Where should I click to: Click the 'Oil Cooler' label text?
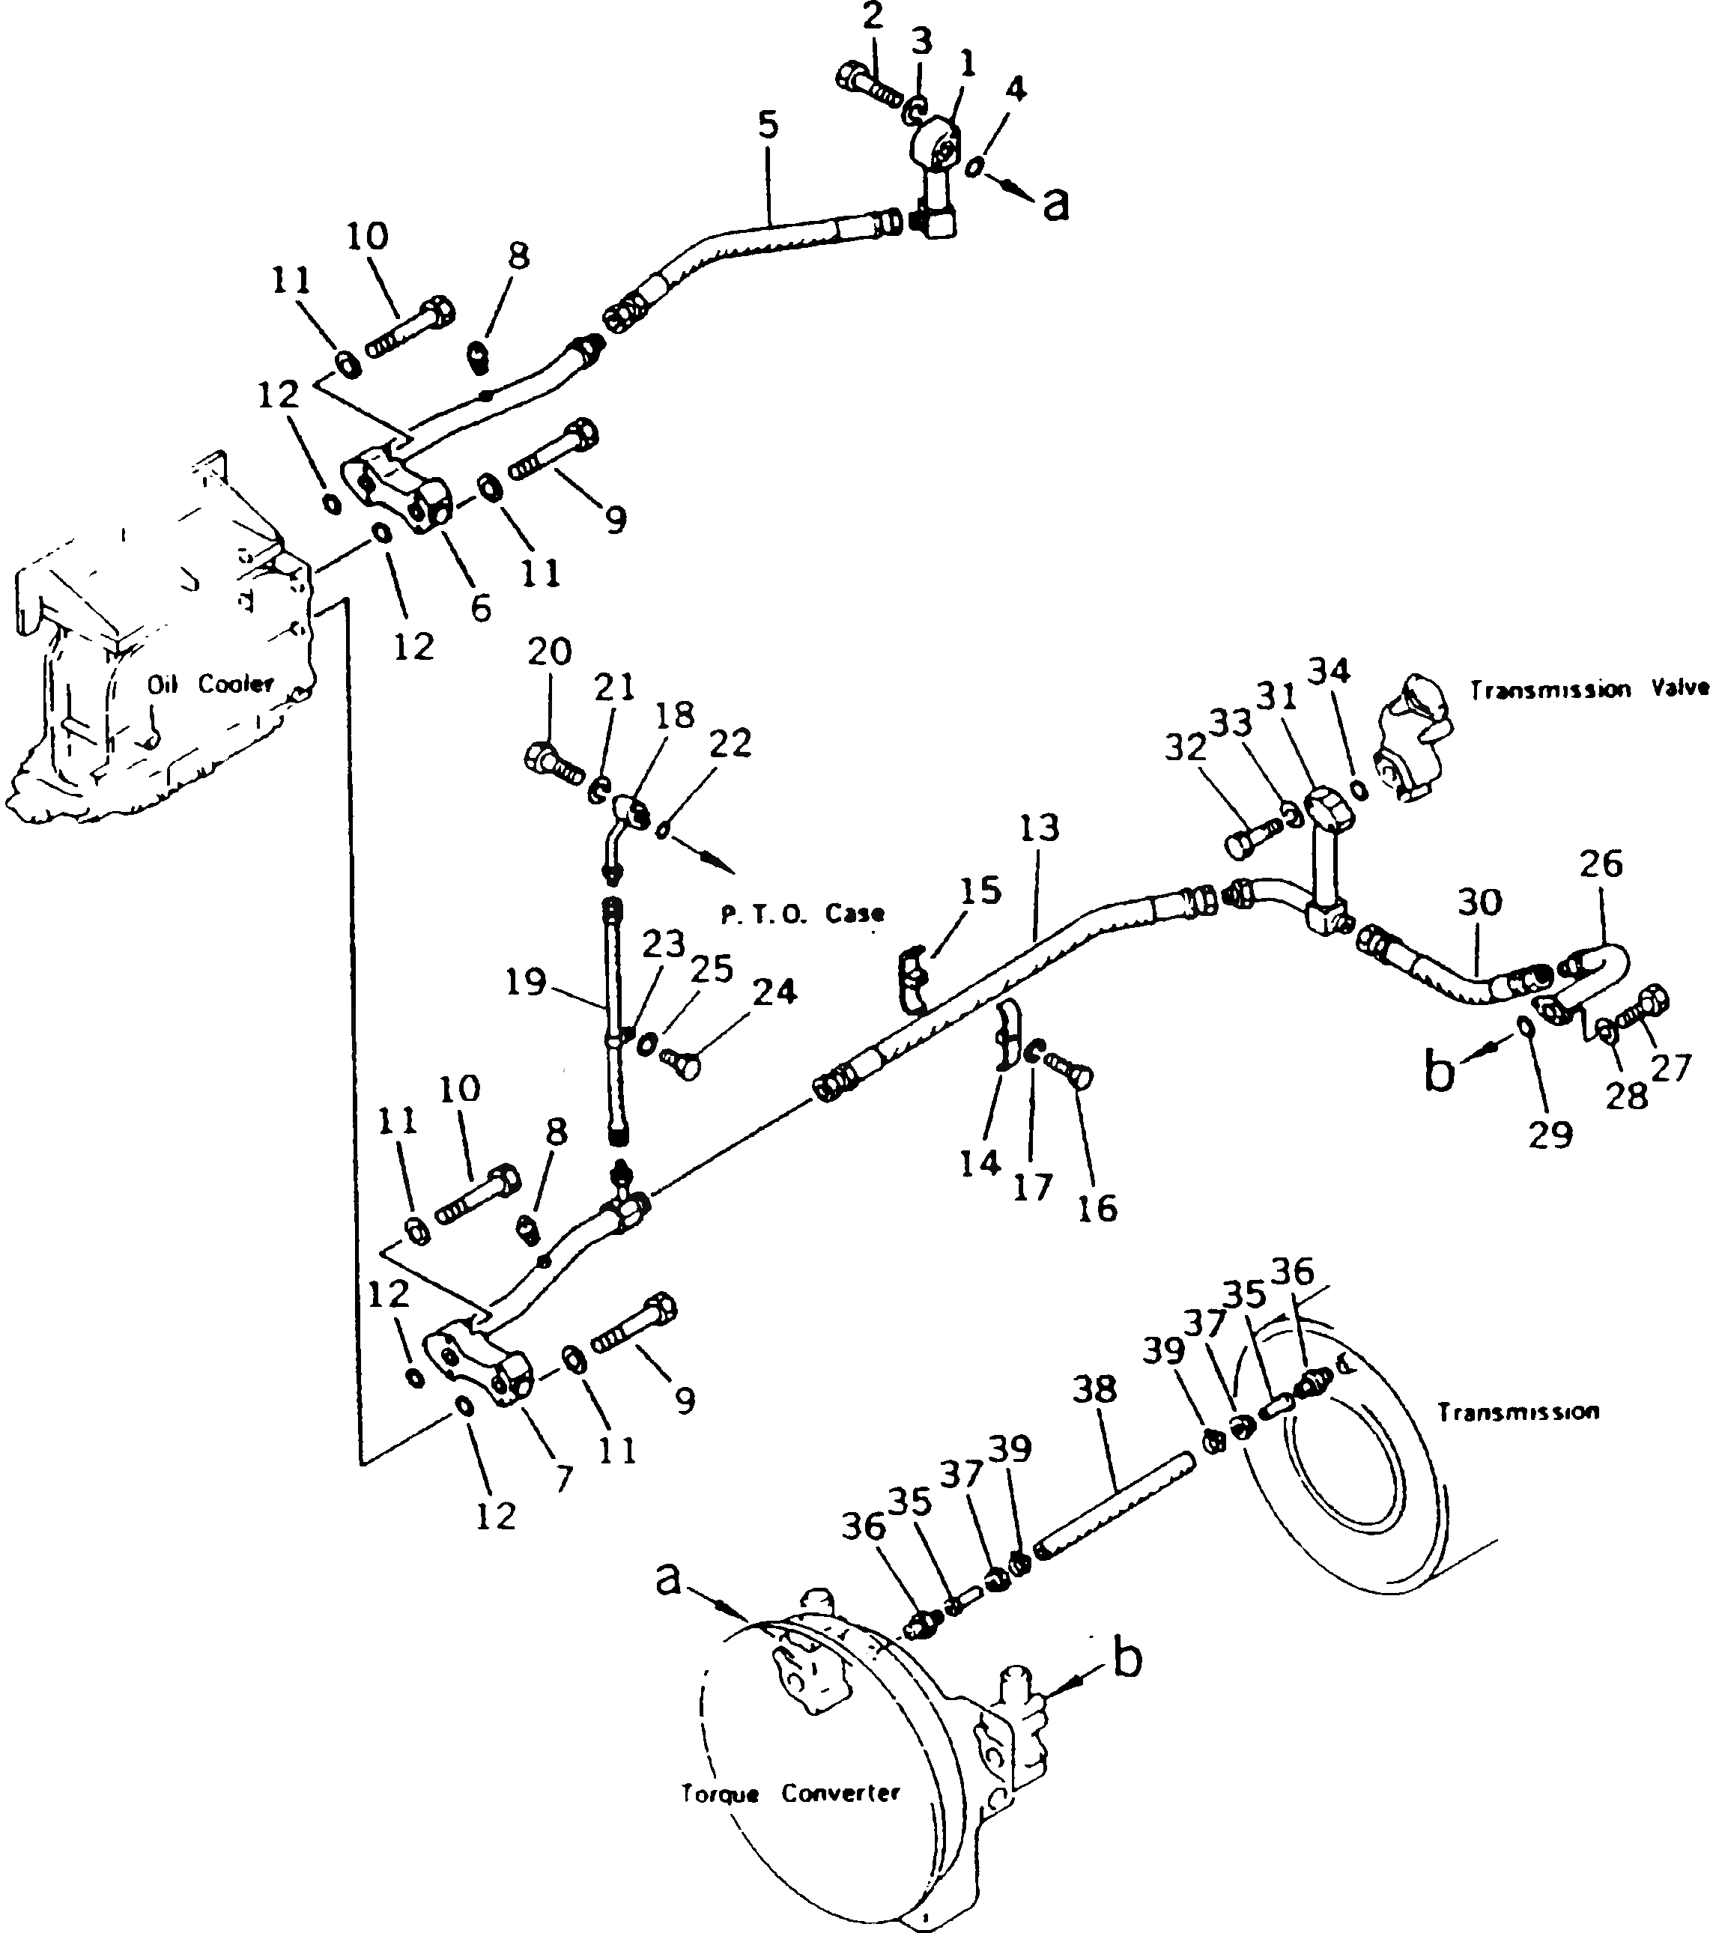coord(209,683)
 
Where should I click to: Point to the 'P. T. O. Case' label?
coord(802,913)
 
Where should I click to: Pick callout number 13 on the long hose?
coord(1040,828)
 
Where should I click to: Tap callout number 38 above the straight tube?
coord(1095,1389)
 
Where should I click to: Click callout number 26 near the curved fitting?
coord(1601,864)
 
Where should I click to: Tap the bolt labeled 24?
coord(683,1063)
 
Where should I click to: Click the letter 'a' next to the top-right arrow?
coord(1055,201)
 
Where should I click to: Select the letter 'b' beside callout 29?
coord(1439,1073)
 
